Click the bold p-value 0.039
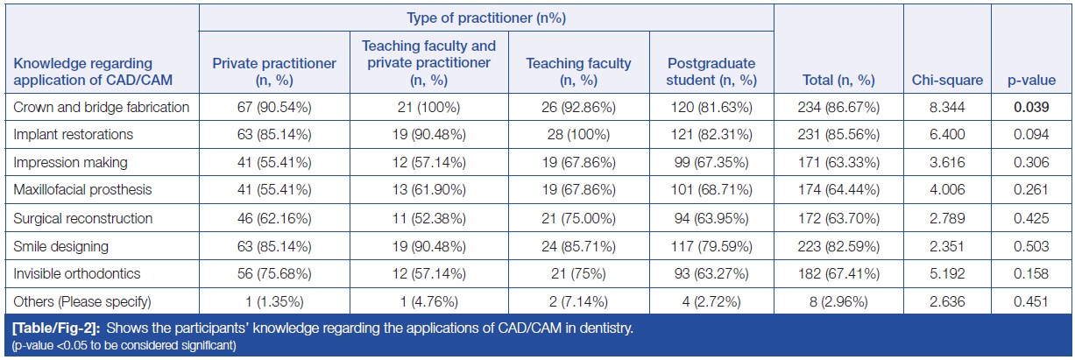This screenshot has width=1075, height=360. (1031, 108)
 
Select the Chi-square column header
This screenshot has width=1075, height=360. (945, 81)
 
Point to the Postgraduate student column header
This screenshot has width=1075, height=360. (711, 72)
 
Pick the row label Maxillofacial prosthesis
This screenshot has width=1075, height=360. (82, 190)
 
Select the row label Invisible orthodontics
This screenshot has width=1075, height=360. (78, 273)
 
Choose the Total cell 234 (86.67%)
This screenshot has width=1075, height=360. (838, 108)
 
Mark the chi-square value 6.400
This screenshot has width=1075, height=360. (945, 136)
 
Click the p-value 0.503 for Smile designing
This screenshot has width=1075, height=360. (1031, 246)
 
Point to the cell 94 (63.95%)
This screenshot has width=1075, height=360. (711, 218)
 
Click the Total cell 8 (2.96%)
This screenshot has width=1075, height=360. (838, 301)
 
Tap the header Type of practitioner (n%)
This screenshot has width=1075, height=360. (486, 18)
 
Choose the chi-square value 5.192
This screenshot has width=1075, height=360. (945, 273)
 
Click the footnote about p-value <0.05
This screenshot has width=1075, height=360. (124, 345)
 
